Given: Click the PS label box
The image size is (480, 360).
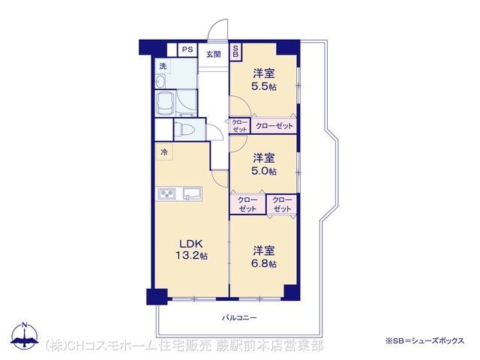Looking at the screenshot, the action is point(187,49).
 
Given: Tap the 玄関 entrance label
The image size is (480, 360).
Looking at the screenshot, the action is point(213,55).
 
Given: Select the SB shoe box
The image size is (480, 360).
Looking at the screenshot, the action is point(235,51).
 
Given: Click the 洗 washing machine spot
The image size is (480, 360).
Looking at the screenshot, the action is point(163,66).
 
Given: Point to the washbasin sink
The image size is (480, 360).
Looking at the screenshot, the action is point(160,82).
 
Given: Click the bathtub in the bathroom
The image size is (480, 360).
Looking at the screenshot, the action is point(165,103).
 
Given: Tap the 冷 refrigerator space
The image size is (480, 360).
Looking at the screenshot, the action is point(164,151).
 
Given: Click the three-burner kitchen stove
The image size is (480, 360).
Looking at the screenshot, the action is point(167,193).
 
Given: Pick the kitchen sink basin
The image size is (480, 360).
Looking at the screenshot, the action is point(192,193).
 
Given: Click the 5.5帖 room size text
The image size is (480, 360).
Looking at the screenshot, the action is point(264,87).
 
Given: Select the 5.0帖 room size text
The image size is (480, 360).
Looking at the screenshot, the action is point(264,171).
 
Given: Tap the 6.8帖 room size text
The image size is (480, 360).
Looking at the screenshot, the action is point(264,263).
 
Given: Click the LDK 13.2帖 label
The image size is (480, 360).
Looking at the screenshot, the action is point(191,250).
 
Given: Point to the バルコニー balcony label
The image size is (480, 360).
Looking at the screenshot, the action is point(239,318).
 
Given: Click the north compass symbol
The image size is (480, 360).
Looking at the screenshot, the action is point(25,336).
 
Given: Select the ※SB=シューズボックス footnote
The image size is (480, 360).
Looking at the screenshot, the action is point(425,340).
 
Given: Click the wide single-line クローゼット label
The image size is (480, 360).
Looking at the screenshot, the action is point(274,126).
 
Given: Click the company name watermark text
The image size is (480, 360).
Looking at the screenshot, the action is point(184,345).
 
